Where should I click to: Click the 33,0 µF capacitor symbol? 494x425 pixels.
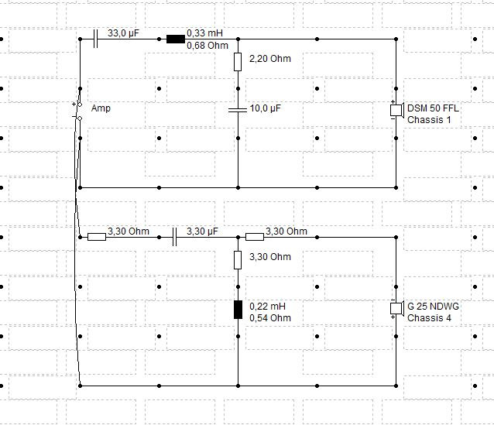click(x=96, y=39)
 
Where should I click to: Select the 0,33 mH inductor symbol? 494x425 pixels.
click(x=176, y=39)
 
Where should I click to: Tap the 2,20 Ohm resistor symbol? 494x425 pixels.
click(x=238, y=62)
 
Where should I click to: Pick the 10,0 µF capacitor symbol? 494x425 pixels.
click(x=238, y=110)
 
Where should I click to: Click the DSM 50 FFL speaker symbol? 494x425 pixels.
click(x=397, y=111)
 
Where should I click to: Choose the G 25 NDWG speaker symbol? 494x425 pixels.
click(x=397, y=309)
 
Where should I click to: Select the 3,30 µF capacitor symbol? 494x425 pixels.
click(x=175, y=237)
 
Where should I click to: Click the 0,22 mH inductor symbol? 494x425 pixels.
click(x=238, y=310)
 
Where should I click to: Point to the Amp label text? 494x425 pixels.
click(x=101, y=108)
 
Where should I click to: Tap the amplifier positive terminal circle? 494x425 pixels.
click(x=80, y=105)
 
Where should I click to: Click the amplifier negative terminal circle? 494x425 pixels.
click(x=80, y=118)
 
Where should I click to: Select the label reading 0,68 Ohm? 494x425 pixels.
click(x=208, y=46)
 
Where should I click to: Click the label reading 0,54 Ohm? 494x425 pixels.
click(x=270, y=318)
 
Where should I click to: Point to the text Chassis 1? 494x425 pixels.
click(x=429, y=120)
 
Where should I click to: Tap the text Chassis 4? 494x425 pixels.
click(x=429, y=318)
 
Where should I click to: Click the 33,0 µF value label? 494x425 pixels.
click(x=123, y=33)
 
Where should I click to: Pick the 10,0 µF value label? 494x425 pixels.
click(x=266, y=108)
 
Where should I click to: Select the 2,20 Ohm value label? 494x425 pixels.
click(x=270, y=59)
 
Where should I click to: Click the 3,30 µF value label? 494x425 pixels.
click(x=202, y=231)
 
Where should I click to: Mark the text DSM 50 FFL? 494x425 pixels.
click(x=433, y=108)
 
